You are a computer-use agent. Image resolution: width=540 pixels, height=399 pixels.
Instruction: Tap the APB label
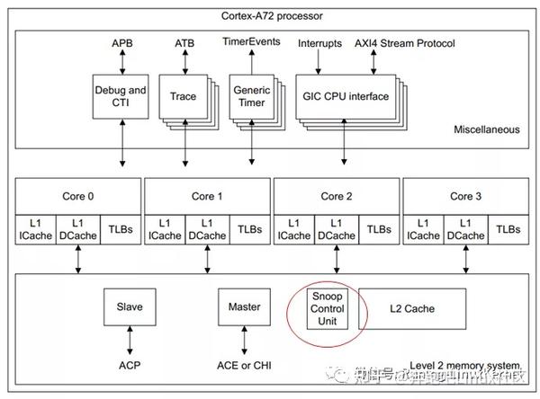(122, 43)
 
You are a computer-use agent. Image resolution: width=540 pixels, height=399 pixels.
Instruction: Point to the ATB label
(184, 43)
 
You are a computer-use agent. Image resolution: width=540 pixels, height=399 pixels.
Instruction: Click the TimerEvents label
(251, 41)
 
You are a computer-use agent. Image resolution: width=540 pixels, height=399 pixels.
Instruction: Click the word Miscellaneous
(484, 129)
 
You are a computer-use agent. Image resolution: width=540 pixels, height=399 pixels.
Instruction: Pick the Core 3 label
(464, 195)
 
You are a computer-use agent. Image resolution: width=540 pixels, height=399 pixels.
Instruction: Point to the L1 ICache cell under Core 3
(423, 228)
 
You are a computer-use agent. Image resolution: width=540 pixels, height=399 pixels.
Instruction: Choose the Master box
(244, 308)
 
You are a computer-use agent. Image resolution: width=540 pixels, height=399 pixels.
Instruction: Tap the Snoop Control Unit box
(328, 308)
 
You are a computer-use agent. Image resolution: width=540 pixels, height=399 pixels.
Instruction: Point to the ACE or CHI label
(244, 364)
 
